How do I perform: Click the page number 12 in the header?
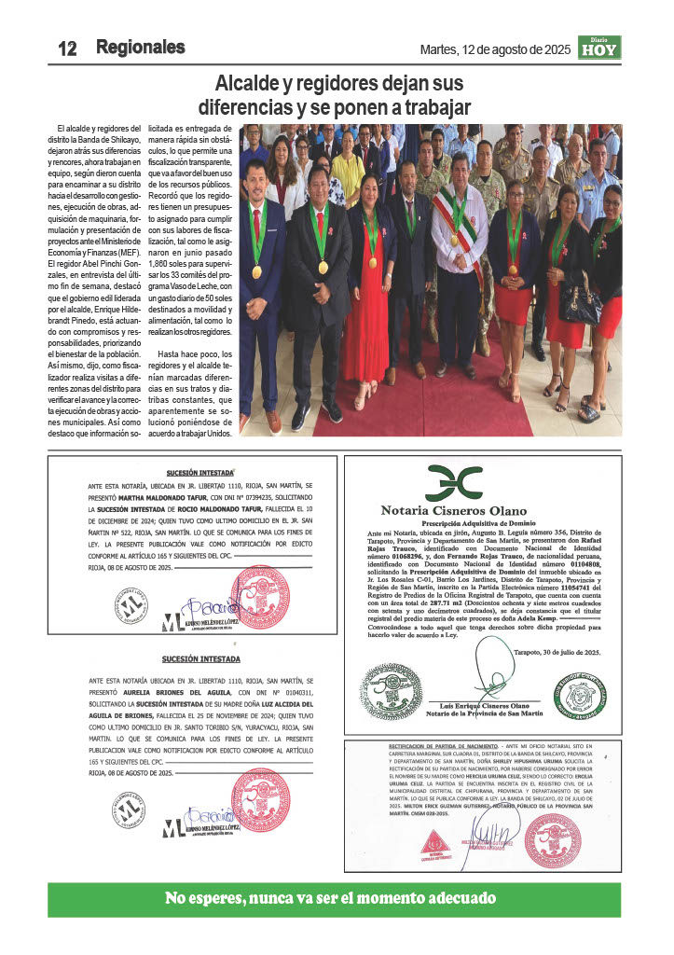click(x=66, y=48)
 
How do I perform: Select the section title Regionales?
click(x=140, y=48)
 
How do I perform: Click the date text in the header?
click(x=495, y=48)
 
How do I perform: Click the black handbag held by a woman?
click(x=579, y=304)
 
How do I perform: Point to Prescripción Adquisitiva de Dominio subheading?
click(x=461, y=523)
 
